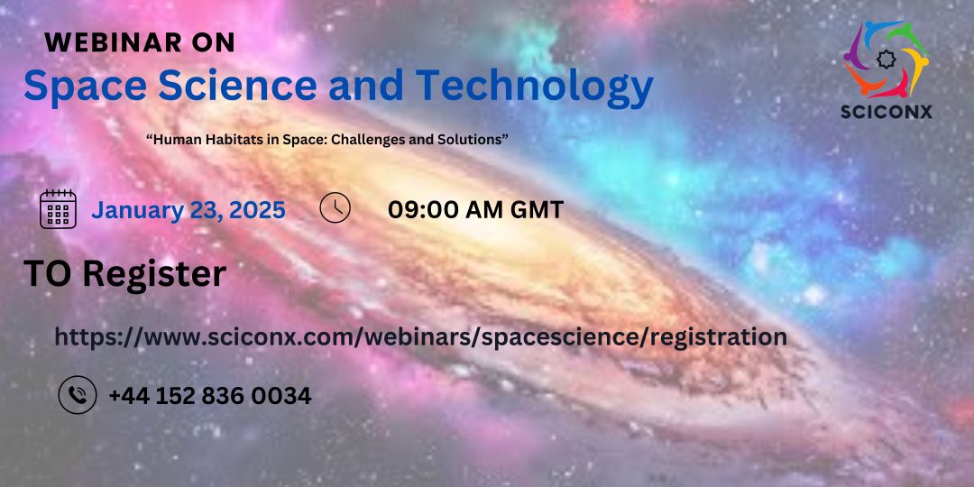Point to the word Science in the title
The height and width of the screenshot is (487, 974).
click(237, 85)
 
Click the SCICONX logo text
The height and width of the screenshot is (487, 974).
click(887, 112)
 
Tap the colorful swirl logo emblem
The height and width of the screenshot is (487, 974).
click(887, 59)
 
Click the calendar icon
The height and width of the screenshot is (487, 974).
click(58, 209)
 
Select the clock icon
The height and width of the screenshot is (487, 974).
click(335, 208)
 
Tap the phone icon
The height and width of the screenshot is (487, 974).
click(78, 395)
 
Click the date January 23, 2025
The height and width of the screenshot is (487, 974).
click(188, 210)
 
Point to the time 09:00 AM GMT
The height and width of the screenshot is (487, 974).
click(476, 210)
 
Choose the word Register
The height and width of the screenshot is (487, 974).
click(154, 274)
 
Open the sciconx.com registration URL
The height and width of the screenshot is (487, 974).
click(420, 337)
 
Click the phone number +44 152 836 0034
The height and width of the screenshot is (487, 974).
click(210, 396)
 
